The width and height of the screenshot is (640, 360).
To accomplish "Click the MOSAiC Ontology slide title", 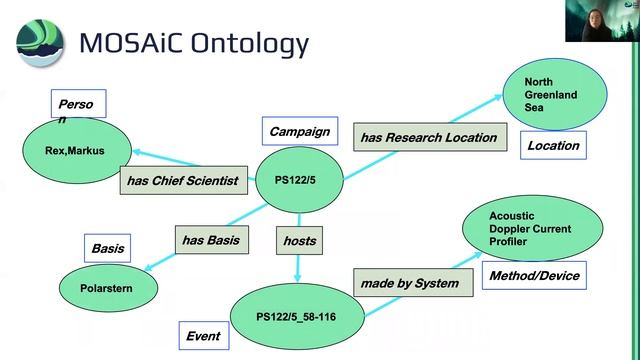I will (194, 45).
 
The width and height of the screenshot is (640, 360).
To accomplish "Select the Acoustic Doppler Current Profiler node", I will (532, 229).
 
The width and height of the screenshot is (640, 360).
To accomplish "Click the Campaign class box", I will (297, 131).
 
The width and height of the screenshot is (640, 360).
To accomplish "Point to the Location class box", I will (553, 145).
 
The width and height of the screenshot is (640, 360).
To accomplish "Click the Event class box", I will (203, 336).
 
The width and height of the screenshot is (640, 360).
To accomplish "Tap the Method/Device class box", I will (533, 275).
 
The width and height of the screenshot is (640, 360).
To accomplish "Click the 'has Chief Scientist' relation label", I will (182, 181).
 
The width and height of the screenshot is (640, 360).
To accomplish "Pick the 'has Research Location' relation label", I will (428, 137).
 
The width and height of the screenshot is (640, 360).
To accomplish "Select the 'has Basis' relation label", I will (210, 240).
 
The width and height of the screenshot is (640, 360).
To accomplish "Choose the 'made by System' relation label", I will (409, 283).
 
